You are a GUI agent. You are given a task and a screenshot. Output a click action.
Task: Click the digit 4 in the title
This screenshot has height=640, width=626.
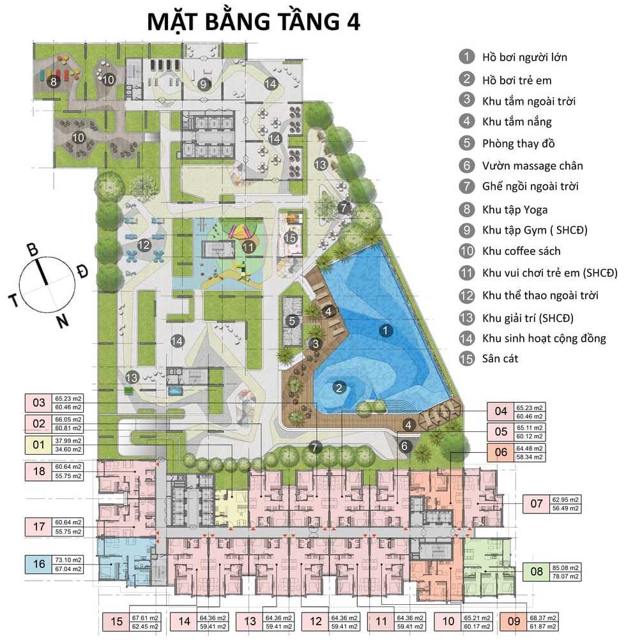point(353,20)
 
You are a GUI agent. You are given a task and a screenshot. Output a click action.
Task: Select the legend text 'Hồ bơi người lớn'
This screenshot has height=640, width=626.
point(524,57)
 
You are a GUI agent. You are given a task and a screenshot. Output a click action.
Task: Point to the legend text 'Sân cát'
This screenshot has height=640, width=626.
point(500,358)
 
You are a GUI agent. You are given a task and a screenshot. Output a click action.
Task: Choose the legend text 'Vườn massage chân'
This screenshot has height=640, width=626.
point(524,166)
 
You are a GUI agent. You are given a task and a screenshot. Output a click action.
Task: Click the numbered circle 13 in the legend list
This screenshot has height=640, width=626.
point(468,317)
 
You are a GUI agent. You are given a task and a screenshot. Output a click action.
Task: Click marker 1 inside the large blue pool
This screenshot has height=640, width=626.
point(385,330)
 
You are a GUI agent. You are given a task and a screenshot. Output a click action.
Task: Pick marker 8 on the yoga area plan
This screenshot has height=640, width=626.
point(54,81)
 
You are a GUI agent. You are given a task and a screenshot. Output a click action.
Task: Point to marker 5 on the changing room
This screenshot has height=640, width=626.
point(292,321)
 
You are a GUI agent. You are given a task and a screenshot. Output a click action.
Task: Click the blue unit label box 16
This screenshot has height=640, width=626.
point(39,563)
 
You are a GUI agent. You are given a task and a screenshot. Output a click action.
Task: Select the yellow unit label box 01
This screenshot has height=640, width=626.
point(39,445)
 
